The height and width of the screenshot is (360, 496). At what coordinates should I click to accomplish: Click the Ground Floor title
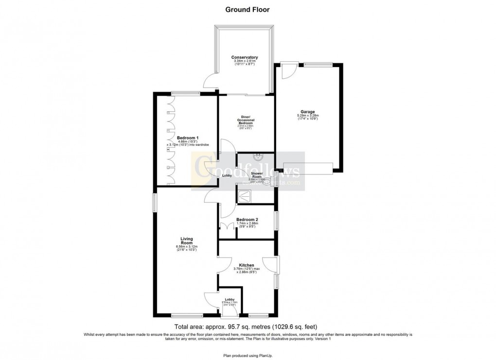click(248, 9)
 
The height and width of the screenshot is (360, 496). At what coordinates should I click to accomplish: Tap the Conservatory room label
click(244, 57)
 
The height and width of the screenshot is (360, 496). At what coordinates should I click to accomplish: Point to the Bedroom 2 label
click(247, 220)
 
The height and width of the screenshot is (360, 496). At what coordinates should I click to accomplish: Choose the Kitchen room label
click(247, 265)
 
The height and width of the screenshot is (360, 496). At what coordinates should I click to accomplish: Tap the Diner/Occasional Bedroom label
click(246, 120)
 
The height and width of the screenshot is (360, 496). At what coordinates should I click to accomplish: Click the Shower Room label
click(257, 175)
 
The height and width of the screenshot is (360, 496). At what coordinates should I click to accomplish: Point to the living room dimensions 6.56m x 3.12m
click(187, 247)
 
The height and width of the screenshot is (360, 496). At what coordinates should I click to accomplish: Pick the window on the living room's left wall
click(155, 203)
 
